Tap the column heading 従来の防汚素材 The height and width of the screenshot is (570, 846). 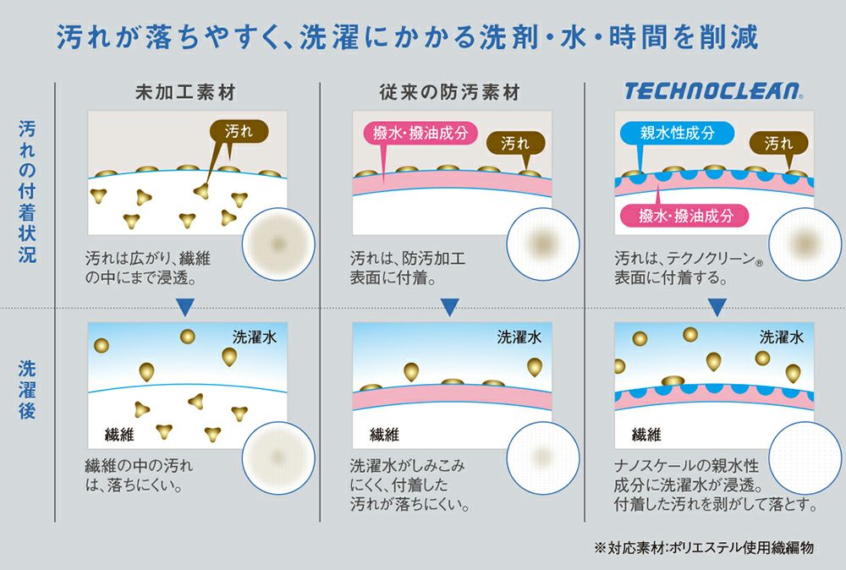coord(448,92)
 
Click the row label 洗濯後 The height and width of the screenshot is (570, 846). coord(27,392)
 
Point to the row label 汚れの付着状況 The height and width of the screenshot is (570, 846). coord(27,191)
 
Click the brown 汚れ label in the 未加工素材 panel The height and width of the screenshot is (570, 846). coord(239,131)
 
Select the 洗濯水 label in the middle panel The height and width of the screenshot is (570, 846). coord(519,337)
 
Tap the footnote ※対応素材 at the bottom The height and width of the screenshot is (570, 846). coord(704,548)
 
